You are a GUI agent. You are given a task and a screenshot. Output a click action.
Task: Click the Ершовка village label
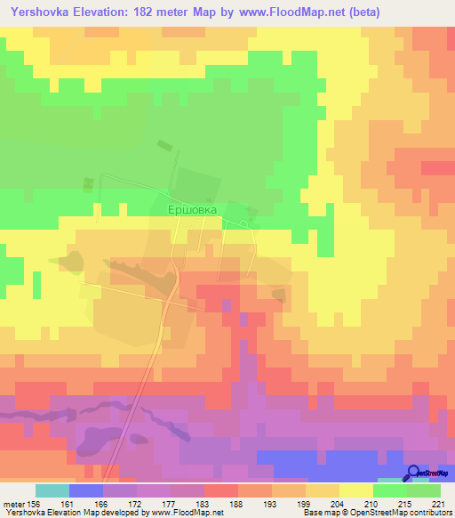click(192, 211)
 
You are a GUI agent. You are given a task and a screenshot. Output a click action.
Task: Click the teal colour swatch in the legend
click(52, 490)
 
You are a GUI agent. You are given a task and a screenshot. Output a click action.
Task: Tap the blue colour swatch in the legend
click(86, 490)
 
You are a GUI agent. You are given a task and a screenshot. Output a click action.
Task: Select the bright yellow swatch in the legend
click(356, 490)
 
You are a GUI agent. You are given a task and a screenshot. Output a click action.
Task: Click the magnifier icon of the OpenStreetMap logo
click(413, 473)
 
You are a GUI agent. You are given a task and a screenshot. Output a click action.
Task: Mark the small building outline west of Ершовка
click(88, 183)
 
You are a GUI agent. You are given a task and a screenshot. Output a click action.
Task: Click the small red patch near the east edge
click(435, 168)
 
